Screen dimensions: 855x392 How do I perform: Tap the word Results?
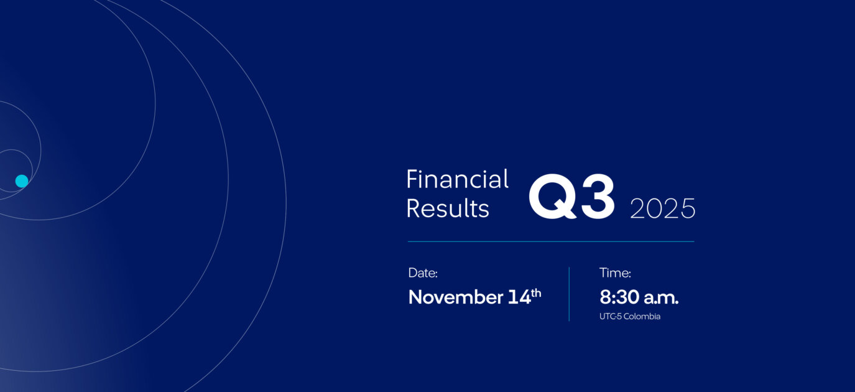click(x=448, y=208)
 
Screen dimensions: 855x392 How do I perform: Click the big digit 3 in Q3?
click(x=598, y=197)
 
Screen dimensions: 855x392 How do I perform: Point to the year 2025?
click(x=663, y=208)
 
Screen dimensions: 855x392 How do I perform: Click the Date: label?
click(x=423, y=273)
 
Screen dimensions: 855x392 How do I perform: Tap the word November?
click(x=456, y=297)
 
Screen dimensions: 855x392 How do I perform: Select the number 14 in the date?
click(x=519, y=297)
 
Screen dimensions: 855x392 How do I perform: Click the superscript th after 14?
click(x=536, y=293)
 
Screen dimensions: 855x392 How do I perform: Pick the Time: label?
click(x=616, y=273)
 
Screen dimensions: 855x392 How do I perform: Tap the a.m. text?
click(x=661, y=299)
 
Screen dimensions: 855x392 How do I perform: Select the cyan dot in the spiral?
click(x=22, y=181)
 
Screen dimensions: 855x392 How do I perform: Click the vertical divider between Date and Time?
click(x=569, y=294)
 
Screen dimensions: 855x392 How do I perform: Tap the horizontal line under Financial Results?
click(x=551, y=241)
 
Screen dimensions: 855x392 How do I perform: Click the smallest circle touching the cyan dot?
click(x=32, y=170)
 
